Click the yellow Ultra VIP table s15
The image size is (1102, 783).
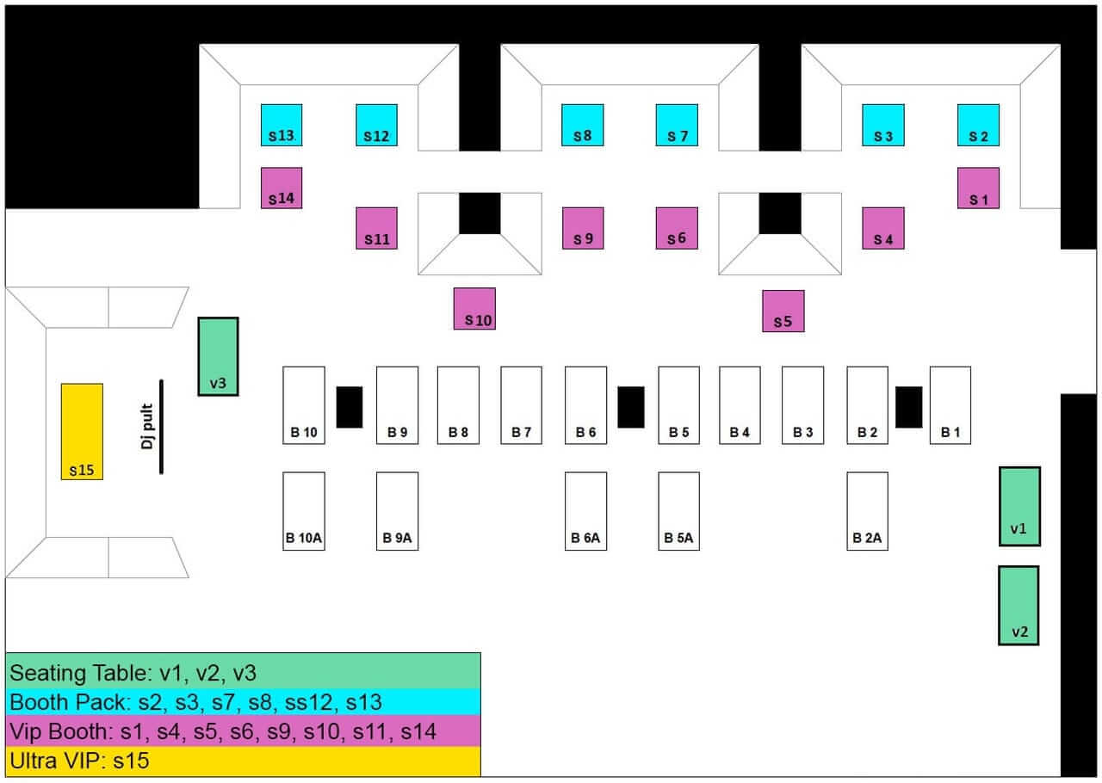pyautogui.click(x=82, y=431)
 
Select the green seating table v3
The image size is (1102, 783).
pyautogui.click(x=218, y=356)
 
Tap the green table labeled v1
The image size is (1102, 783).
pyautogui.click(x=1019, y=506)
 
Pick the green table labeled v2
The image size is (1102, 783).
pyautogui.click(x=1018, y=605)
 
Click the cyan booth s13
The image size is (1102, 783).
pyautogui.click(x=282, y=125)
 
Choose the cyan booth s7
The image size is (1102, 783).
pyautogui.click(x=677, y=125)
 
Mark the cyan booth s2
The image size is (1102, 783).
pyautogui.click(x=978, y=125)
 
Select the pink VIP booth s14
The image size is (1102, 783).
pyautogui.click(x=282, y=188)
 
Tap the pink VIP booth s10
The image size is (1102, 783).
pyautogui.click(x=474, y=308)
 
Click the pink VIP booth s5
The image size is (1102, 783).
pyautogui.click(x=783, y=311)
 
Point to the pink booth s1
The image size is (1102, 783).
pyautogui.click(x=978, y=188)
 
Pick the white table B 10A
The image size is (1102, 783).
pyautogui.click(x=304, y=510)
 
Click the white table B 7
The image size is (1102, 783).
pyautogui.click(x=522, y=404)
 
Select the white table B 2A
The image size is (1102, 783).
pyautogui.click(x=867, y=510)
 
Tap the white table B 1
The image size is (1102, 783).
pyautogui.click(x=950, y=404)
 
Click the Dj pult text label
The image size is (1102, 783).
pyautogui.click(x=148, y=428)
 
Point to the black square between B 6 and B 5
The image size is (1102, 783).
pyautogui.click(x=631, y=407)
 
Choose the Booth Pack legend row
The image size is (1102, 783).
pyautogui.click(x=243, y=702)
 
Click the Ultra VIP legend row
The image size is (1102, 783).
pyautogui.click(x=243, y=761)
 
